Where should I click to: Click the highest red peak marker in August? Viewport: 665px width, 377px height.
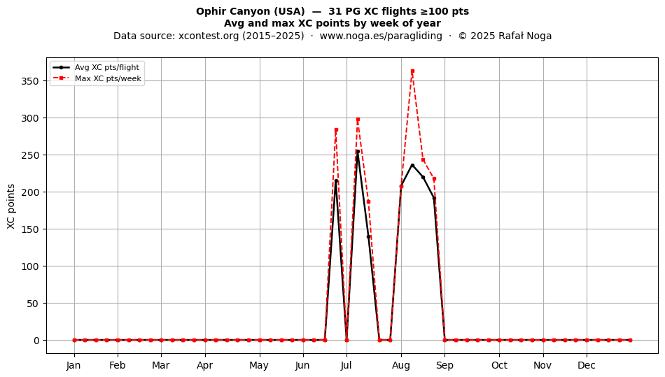pyautogui.click(x=412, y=71)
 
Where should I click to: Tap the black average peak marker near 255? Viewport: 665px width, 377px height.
pyautogui.click(x=358, y=151)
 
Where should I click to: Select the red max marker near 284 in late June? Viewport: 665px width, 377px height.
pyautogui.click(x=336, y=130)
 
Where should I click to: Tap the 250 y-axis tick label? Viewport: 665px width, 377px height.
pyautogui.click(x=30, y=155)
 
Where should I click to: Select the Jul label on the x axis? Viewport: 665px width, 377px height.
pyautogui.click(x=346, y=365)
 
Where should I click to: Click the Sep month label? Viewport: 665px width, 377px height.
pyautogui.click(x=444, y=365)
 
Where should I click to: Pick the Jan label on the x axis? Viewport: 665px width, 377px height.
pyautogui.click(x=73, y=365)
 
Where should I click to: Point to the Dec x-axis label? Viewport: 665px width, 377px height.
pyautogui.click(x=587, y=365)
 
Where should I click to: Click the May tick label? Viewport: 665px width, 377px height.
pyautogui.click(x=259, y=365)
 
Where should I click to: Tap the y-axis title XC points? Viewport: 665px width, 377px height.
pyautogui.click(x=11, y=207)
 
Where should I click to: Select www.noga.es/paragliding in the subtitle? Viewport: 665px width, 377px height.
pyautogui.click(x=381, y=36)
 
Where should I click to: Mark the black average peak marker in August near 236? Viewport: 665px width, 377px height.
pyautogui.click(x=412, y=165)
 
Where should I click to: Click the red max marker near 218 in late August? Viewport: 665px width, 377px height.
pyautogui.click(x=434, y=179)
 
